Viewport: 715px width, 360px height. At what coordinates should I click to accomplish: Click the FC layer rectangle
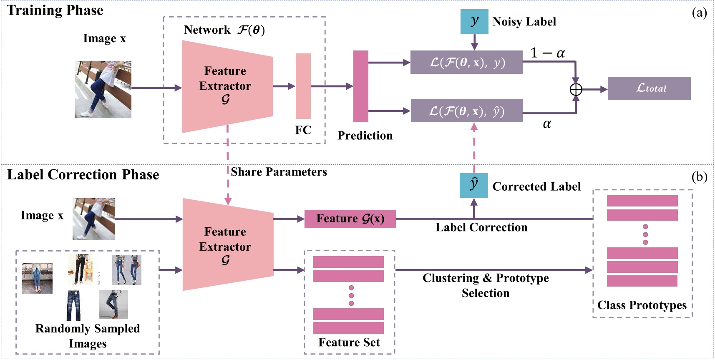303,86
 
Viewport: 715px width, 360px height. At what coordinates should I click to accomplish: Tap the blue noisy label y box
474,21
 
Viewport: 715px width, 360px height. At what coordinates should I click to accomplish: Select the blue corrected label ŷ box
474,185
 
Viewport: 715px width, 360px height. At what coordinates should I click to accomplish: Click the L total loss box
649,88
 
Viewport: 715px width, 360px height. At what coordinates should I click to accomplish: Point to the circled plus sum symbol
576,89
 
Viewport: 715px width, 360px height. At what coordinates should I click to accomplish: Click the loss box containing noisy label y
466,62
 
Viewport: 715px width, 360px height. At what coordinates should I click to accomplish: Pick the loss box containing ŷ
467,111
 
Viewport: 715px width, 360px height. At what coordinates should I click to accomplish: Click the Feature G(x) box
350,219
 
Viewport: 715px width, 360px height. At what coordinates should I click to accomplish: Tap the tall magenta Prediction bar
361,86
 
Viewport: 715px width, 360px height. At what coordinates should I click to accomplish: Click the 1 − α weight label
547,53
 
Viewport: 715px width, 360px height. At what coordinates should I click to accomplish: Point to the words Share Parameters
279,172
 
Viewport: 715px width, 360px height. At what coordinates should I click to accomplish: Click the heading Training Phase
55,10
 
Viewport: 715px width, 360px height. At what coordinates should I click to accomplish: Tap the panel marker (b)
699,177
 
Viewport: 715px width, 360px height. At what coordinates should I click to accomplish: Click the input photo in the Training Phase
103,89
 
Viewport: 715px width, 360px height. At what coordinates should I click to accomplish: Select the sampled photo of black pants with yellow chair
84,269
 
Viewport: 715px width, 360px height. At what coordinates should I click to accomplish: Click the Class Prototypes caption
642,305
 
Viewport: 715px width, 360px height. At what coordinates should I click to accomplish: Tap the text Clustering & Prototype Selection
486,285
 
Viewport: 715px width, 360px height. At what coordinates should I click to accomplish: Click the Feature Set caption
349,342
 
